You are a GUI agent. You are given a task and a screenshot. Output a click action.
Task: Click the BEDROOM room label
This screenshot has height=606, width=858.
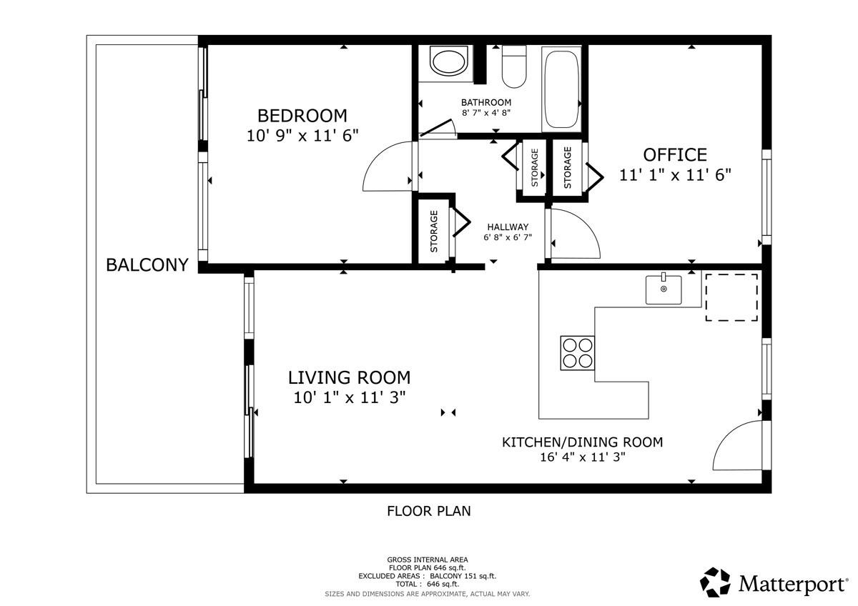tap(302, 116)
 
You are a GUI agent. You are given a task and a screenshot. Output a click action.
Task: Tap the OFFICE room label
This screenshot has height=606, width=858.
tap(675, 155)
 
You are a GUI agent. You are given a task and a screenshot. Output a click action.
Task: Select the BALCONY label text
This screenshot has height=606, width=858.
tap(147, 265)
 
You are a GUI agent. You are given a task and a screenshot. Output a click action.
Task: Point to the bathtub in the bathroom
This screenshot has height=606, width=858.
tap(561, 89)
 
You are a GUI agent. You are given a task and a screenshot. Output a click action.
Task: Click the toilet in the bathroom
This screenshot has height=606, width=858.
tap(514, 66)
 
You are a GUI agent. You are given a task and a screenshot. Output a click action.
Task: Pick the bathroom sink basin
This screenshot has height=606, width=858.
tap(449, 61)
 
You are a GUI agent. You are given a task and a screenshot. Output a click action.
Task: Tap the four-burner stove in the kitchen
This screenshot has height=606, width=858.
tap(577, 353)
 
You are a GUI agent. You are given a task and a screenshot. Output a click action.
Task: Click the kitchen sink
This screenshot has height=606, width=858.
tap(664, 289)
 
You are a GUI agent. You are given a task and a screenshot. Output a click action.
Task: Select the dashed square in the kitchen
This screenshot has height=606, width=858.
tap(731, 297)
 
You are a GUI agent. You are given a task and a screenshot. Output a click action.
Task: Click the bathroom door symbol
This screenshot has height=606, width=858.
tap(438, 128)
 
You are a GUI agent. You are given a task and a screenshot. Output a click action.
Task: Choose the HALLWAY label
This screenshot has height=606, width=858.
tap(508, 227)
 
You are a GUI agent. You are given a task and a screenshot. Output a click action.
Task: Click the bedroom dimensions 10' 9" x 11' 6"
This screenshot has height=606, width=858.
tap(302, 136)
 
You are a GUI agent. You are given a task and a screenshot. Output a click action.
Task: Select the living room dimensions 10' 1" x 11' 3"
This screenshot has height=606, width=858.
tap(350, 398)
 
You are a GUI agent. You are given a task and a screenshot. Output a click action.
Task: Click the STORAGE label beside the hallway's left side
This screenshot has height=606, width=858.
tap(434, 232)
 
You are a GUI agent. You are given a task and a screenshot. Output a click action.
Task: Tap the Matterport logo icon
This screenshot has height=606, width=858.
tap(715, 582)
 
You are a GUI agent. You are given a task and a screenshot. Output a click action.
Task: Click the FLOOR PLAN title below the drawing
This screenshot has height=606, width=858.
tap(428, 511)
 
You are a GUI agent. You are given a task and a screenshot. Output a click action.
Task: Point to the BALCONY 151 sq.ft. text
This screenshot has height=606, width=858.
tap(463, 576)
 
